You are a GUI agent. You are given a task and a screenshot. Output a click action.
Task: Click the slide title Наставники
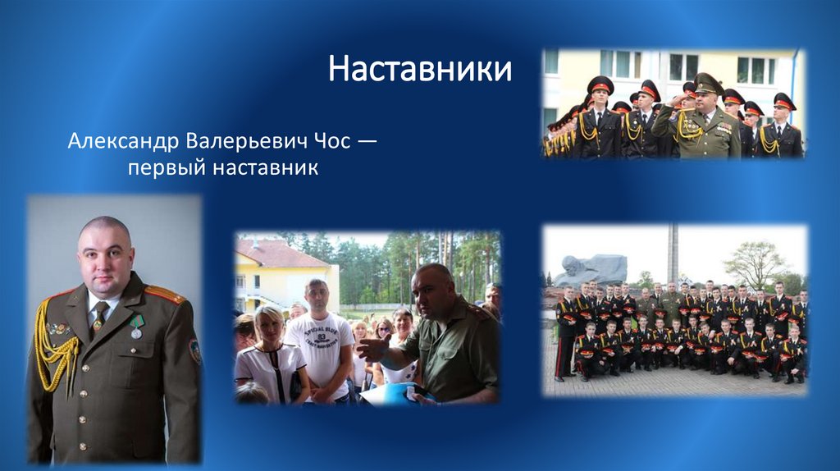tap(420, 69)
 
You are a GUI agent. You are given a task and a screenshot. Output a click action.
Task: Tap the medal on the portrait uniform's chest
tap(137, 326)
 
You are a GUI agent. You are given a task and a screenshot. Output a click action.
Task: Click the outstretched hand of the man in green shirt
tap(371, 348)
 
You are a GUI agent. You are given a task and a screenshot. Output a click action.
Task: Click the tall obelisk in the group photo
tap(673, 254)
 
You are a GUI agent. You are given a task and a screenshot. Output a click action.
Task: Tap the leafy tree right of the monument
tap(756, 263)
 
